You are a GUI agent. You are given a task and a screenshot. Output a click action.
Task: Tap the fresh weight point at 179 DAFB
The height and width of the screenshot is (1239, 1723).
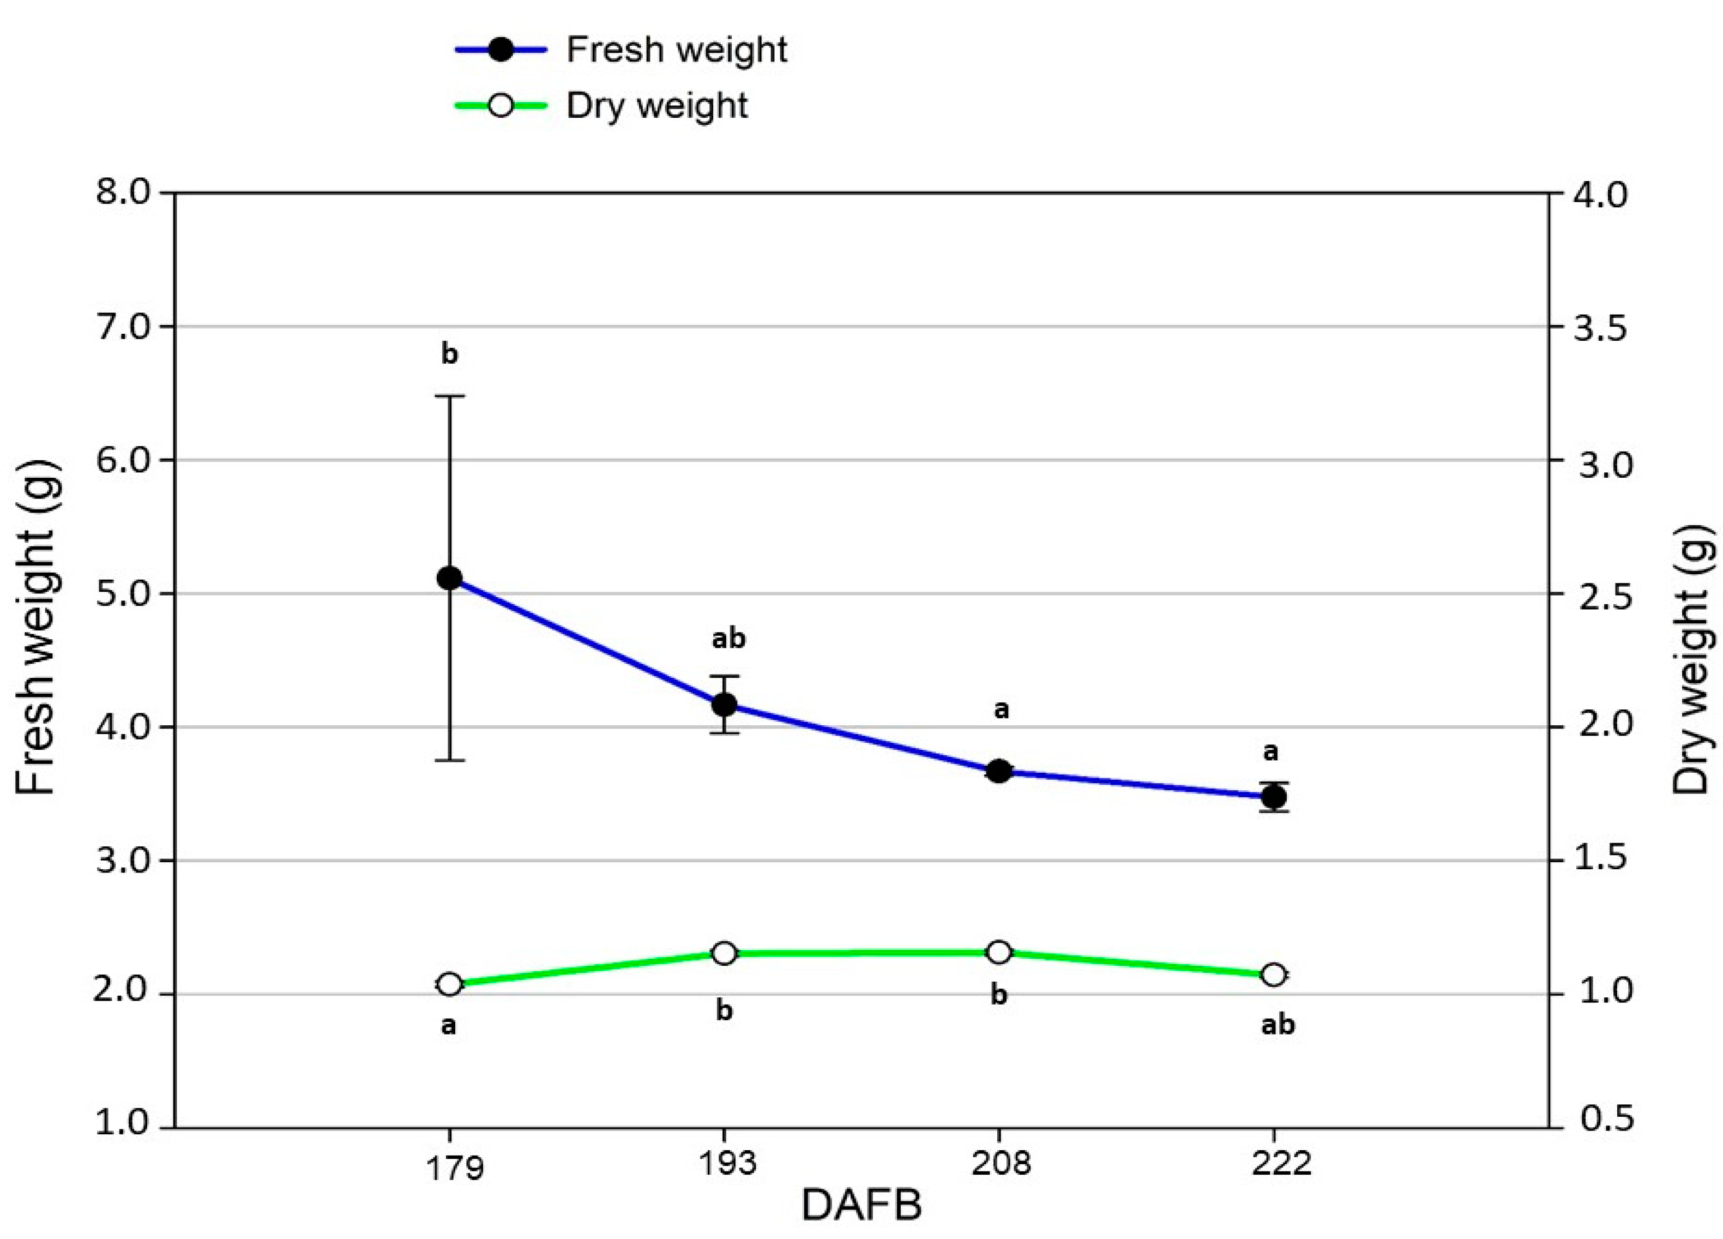pyautogui.click(x=450, y=578)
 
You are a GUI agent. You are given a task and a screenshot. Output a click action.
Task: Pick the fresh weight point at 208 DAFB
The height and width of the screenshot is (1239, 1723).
pyautogui.click(x=1000, y=771)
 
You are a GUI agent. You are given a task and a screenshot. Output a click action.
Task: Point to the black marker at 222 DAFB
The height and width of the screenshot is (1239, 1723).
pyautogui.click(x=1274, y=797)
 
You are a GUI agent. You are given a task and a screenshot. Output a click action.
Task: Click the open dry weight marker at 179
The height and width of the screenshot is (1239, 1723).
pyautogui.click(x=450, y=984)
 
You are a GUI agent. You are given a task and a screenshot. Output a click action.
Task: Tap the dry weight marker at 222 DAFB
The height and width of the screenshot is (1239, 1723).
pyautogui.click(x=1274, y=975)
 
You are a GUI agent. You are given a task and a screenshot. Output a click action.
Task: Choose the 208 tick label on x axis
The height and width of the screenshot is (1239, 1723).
pyautogui.click(x=1001, y=1163)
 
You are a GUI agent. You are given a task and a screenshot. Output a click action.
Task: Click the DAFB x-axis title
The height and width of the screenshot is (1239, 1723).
pyautogui.click(x=861, y=1205)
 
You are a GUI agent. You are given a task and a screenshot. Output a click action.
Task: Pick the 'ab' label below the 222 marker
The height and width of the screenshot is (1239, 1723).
pyautogui.click(x=1278, y=1025)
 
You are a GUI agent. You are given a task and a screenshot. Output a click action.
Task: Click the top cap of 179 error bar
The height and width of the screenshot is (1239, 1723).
pyautogui.click(x=450, y=396)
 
